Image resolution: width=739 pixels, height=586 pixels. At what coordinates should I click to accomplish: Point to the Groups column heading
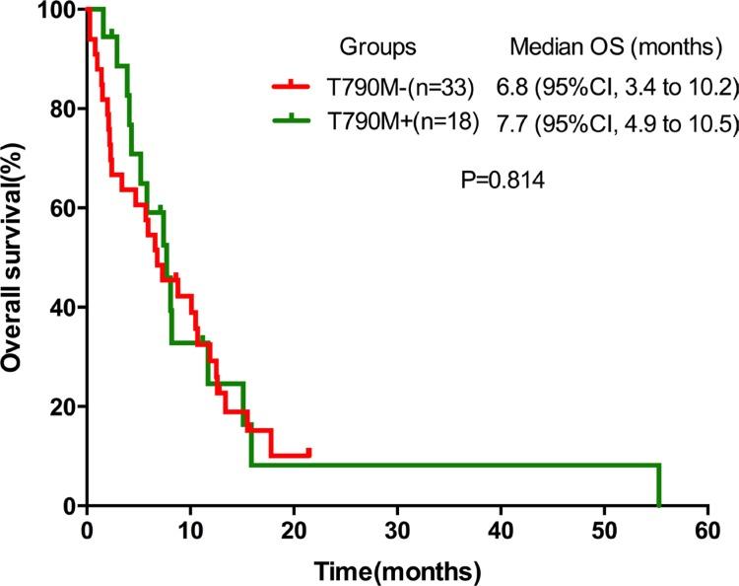click(x=377, y=46)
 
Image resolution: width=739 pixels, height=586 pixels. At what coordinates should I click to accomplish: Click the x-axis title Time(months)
click(x=397, y=570)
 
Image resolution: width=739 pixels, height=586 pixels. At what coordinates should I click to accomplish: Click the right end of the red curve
click(x=309, y=451)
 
